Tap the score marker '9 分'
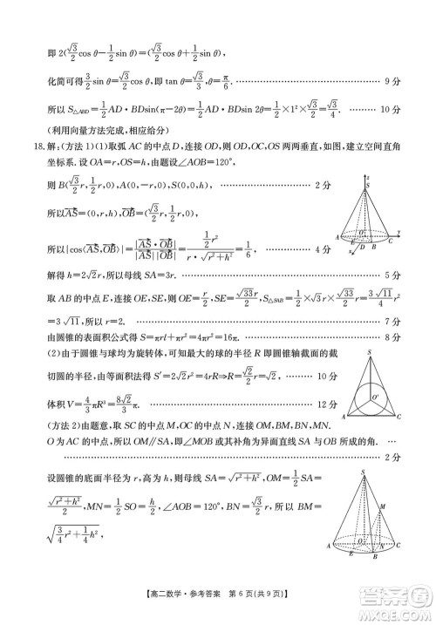pyautogui.click(x=392, y=80)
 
